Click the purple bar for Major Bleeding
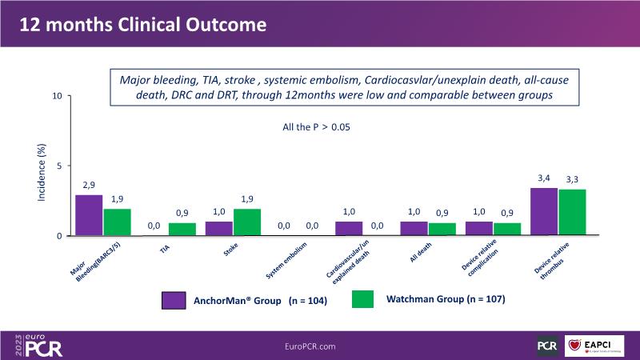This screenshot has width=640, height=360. coord(89,215)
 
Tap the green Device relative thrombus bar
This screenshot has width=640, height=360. coord(571,213)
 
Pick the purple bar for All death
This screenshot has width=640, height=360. coord(414,229)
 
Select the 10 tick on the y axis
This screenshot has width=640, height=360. coord(57,96)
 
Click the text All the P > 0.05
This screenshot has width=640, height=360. coord(318,127)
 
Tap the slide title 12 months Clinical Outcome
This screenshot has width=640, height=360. coord(143,25)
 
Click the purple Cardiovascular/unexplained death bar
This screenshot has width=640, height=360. coord(349,229)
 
